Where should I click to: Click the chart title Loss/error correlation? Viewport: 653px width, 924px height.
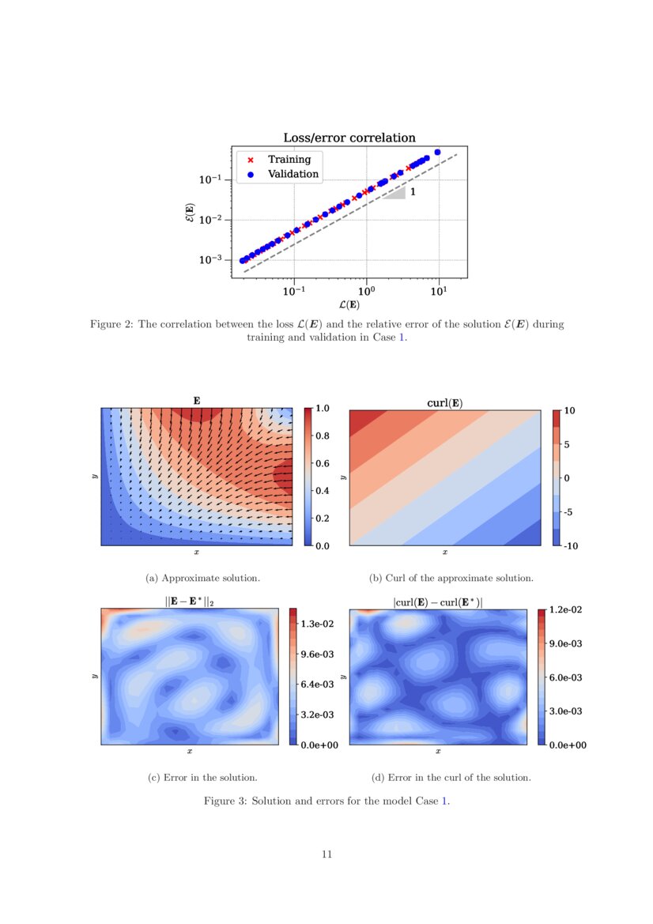[x=349, y=138]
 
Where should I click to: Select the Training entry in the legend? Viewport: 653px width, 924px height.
[x=289, y=159]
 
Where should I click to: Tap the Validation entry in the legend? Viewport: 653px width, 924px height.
[x=293, y=174]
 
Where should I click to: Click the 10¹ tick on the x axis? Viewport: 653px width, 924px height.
[x=439, y=290]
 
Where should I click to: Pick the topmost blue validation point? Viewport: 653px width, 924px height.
[x=437, y=152]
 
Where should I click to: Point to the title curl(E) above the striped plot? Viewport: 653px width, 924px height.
[x=444, y=403]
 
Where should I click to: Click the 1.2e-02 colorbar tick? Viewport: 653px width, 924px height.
[x=567, y=609]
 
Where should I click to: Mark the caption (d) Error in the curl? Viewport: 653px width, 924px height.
[x=451, y=777]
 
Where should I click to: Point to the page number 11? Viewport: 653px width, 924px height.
[x=326, y=854]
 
